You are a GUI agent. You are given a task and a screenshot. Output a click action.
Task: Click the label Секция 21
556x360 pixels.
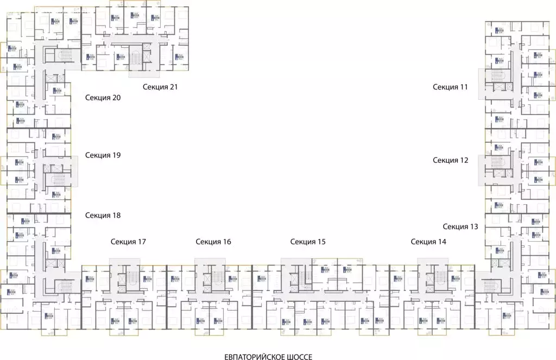161,87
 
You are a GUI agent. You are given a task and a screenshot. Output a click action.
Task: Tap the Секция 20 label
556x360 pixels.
103,98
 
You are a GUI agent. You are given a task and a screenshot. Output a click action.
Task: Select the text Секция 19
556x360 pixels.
103,155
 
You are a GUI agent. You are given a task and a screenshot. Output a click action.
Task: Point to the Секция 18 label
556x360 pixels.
103,215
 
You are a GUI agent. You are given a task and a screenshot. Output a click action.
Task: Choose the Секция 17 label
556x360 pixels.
128,242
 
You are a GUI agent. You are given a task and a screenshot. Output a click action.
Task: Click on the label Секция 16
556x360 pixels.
213,242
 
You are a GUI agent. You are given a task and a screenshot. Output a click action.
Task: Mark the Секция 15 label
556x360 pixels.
308,242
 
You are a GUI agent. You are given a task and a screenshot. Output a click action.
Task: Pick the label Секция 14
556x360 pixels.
428,242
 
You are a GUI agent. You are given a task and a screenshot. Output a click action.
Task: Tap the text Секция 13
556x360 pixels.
460,226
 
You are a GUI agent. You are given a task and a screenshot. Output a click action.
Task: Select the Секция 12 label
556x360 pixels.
450,160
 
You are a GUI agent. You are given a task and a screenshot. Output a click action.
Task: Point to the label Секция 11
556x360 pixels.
450,86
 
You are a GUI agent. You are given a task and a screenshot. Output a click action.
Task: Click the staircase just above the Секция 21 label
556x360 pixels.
135,56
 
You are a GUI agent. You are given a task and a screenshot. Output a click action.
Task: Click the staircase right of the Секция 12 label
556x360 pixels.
496,163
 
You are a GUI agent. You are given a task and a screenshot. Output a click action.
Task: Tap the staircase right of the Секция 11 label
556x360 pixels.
496,76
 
